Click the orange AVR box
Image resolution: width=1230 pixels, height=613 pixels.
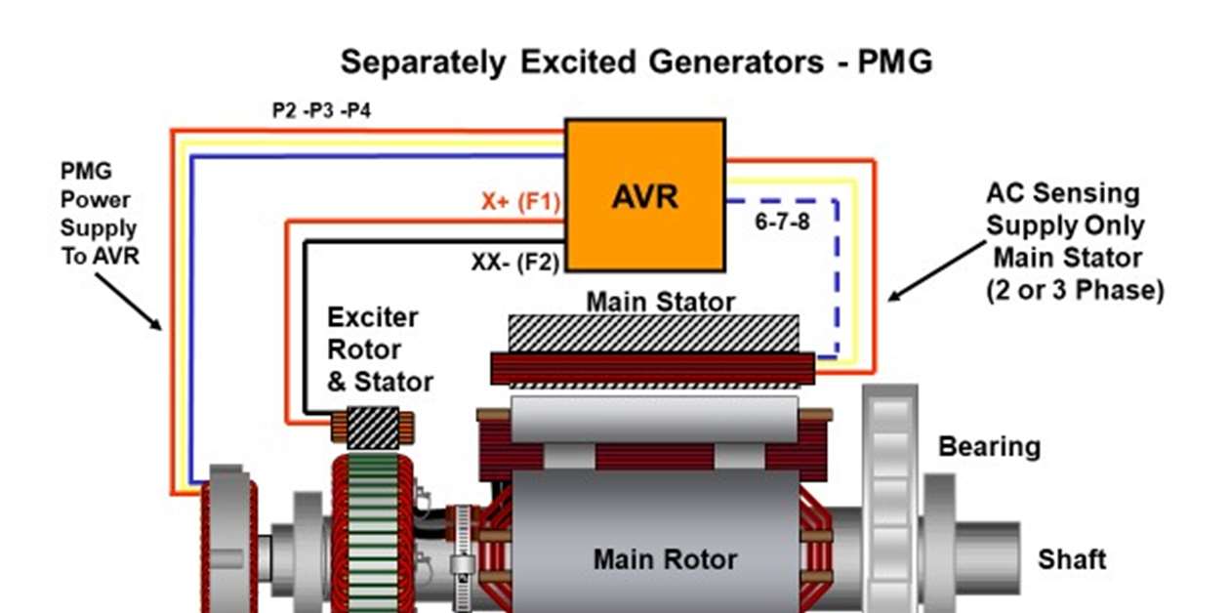645,195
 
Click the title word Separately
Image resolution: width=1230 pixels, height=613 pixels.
423,62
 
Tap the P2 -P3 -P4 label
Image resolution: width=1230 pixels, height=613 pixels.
321,110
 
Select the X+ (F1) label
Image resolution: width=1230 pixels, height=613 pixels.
520,202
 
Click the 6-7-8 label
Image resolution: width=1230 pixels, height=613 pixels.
782,222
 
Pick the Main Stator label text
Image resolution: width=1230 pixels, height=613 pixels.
660,301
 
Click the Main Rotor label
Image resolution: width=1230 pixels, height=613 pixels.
665,560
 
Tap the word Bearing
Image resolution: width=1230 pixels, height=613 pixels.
989,447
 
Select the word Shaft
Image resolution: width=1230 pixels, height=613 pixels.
1072,560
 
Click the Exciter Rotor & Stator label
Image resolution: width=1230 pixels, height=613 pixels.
380,349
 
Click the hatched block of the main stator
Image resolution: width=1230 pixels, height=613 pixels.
653,333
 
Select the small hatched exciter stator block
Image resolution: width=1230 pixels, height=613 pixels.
372,428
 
